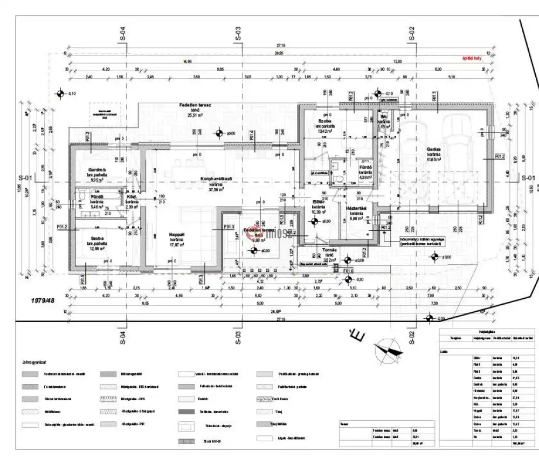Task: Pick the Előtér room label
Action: click(317, 202)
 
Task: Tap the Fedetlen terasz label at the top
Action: click(195, 105)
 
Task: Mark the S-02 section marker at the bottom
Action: click(412, 338)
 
